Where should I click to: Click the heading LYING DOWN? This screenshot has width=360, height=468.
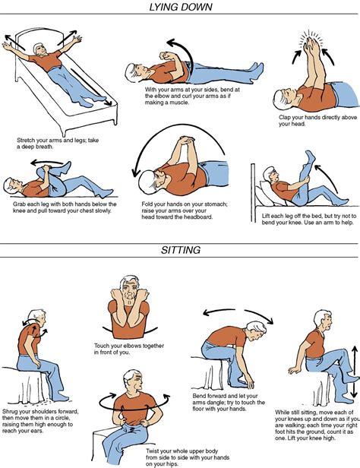click(180, 8)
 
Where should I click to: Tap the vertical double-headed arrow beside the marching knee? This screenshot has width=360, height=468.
click(352, 372)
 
